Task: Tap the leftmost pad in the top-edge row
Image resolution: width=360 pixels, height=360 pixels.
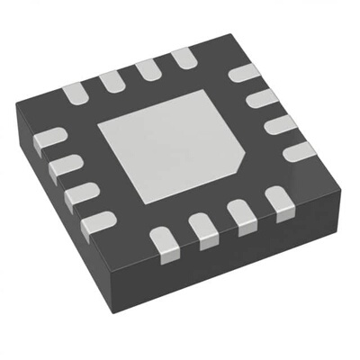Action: tap(75, 91)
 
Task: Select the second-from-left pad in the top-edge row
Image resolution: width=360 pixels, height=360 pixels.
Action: tap(112, 81)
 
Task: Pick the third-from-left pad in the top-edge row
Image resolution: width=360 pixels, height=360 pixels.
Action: tap(148, 70)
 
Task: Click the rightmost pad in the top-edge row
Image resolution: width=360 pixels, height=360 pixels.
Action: tap(184, 59)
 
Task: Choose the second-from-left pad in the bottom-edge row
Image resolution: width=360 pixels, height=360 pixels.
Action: tap(204, 230)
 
